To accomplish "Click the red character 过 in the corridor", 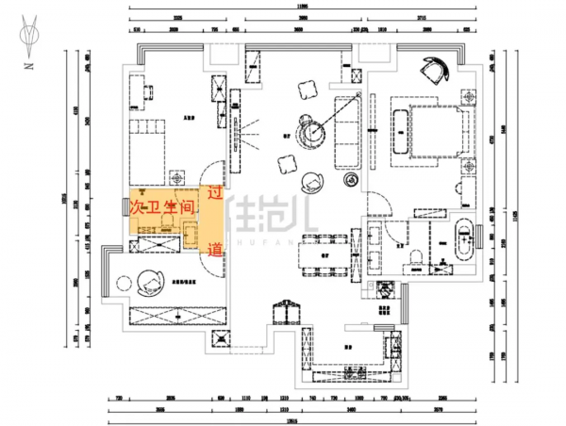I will (214, 193).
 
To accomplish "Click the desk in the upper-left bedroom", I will (148, 91).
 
